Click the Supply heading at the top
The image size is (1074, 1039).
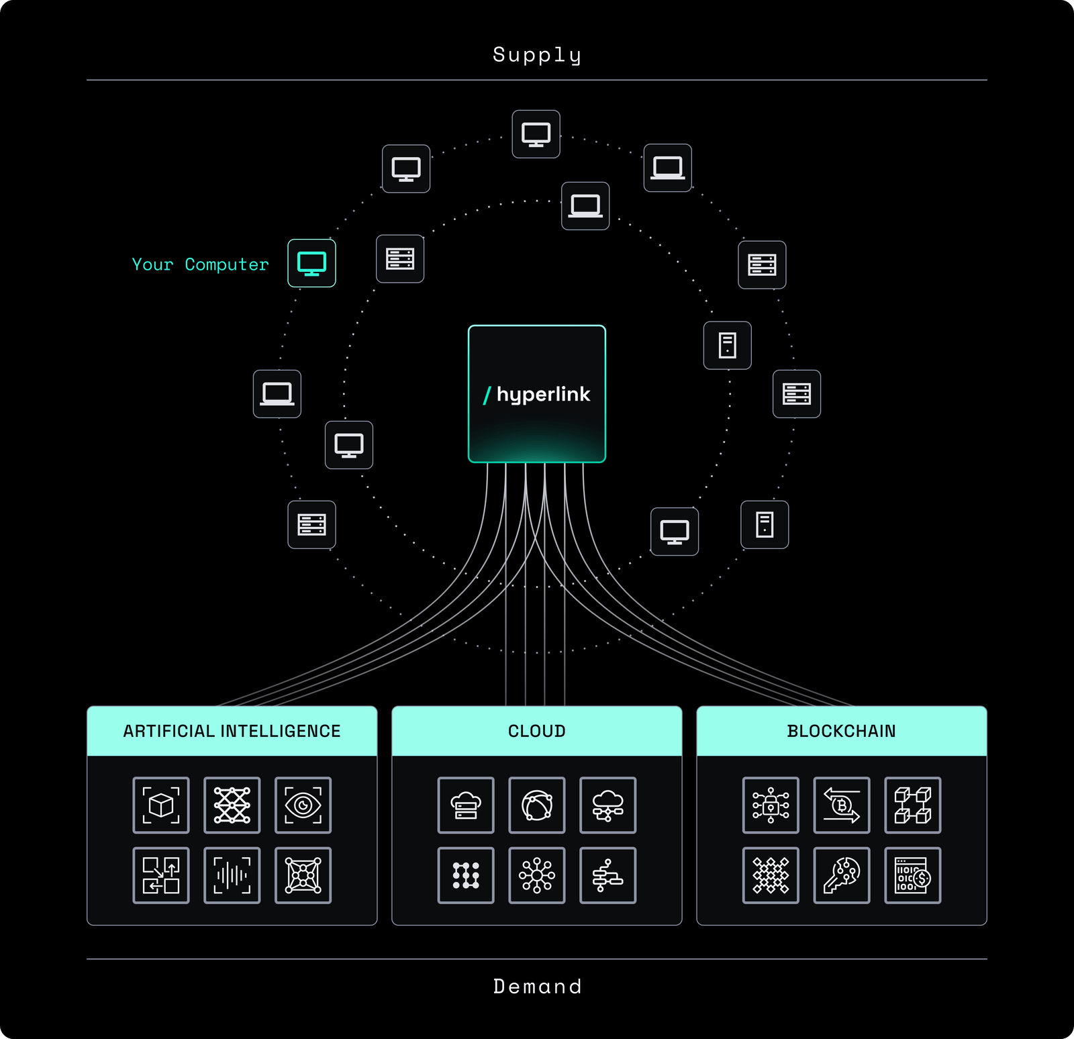536,55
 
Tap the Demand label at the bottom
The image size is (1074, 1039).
537,986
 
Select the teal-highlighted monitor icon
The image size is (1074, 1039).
311,263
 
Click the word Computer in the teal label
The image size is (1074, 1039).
227,264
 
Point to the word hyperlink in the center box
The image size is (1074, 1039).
543,394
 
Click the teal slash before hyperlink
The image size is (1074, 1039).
487,395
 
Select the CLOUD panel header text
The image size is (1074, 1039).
537,731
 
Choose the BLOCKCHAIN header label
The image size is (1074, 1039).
841,731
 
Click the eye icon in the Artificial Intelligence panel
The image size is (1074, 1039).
303,805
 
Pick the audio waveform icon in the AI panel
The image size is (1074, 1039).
232,875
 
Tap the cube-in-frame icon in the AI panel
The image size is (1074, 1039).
161,805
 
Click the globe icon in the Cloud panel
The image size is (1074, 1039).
536,805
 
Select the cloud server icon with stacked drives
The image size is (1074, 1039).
466,805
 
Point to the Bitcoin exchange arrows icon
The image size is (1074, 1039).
841,805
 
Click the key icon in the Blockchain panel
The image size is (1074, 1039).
841,875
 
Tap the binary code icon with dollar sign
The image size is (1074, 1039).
912,875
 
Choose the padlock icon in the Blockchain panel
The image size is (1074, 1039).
771,805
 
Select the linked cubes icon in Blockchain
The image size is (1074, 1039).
912,805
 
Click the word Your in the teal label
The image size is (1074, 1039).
152,264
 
